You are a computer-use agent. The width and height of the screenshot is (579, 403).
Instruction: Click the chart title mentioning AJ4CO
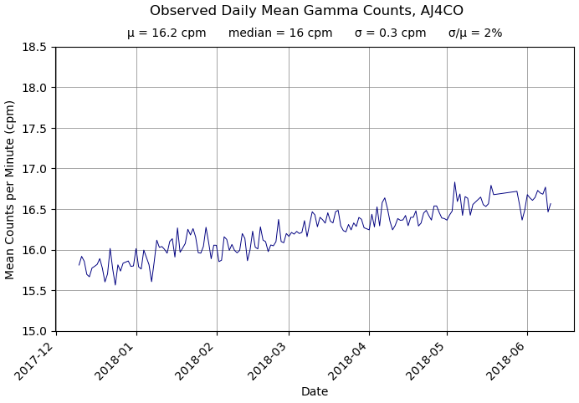coord(306,11)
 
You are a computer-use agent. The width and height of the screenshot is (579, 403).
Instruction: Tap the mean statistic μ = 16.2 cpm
coord(167,33)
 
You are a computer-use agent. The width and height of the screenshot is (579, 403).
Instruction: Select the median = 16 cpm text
coord(279,33)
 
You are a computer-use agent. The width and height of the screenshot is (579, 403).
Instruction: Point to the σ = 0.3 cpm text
coord(390,33)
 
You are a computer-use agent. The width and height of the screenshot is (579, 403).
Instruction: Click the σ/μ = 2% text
coord(475,33)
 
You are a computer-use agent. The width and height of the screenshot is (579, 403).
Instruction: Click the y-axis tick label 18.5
coord(33,47)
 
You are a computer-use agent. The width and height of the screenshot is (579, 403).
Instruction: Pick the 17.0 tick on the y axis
coord(33,169)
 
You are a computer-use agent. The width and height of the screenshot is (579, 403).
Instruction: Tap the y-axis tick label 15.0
coord(33,331)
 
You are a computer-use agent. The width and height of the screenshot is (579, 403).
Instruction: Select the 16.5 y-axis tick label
coord(33,209)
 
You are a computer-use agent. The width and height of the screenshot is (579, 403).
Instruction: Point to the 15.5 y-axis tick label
coord(33,291)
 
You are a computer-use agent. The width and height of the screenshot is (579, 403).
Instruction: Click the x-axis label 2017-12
coord(36,358)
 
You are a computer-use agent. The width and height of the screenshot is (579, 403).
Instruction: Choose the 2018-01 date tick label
coord(116,358)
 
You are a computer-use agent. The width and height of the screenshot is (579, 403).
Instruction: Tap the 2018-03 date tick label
coord(269,358)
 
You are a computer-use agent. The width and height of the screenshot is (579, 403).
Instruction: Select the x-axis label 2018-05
coord(427,358)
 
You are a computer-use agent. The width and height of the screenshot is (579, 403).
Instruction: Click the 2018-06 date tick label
coord(507,358)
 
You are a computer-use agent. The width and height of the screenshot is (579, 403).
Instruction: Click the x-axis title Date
coord(315,391)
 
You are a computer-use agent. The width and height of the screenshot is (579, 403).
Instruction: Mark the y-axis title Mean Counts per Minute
coord(11,189)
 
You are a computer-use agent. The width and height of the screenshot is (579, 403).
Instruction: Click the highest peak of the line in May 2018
coord(454,182)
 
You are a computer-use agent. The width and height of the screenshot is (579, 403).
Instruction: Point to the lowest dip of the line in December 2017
coord(115,285)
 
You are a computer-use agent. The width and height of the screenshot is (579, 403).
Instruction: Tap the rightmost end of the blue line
coord(551,203)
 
